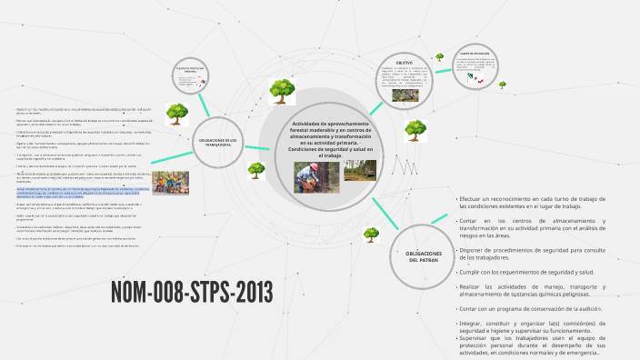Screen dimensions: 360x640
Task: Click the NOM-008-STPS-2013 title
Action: [191, 293]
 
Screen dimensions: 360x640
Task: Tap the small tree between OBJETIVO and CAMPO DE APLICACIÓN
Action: [439, 56]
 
